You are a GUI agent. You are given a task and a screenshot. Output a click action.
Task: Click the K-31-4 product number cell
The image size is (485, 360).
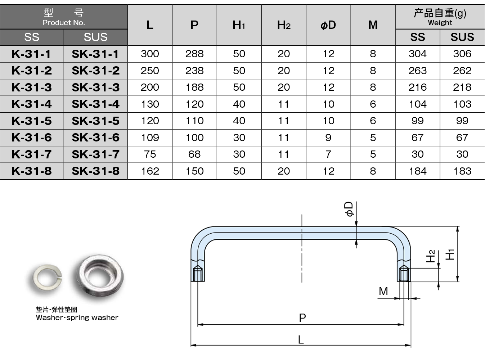pyautogui.click(x=32, y=104)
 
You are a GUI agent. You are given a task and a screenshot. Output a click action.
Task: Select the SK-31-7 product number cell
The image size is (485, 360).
pyautogui.click(x=95, y=154)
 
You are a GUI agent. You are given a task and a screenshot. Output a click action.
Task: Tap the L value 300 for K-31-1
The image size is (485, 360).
pyautogui.click(x=150, y=54)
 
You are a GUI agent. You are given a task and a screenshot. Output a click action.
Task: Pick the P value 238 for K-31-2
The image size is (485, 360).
pyautogui.click(x=194, y=71)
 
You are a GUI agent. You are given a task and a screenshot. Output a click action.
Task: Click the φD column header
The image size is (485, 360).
pyautogui.click(x=328, y=25)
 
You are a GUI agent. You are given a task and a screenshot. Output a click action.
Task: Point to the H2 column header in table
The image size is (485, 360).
pyautogui.click(x=284, y=25)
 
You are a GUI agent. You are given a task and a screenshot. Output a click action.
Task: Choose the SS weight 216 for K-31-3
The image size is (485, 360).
pyautogui.click(x=417, y=87)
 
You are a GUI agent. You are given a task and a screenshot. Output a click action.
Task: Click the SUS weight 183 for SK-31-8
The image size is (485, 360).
pyautogui.click(x=462, y=171)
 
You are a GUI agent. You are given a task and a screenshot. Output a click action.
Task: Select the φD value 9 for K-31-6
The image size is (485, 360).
pyautogui.click(x=328, y=138)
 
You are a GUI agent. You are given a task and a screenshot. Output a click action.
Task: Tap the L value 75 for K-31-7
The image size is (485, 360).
pyautogui.click(x=150, y=154)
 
